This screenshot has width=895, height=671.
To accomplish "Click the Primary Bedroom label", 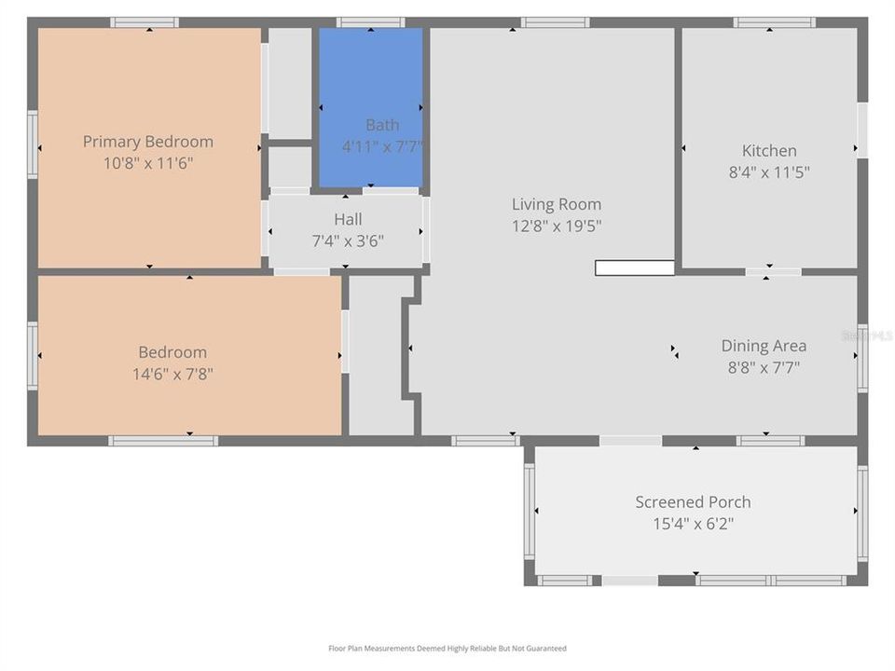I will point(147,142).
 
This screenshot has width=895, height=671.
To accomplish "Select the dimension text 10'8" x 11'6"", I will point(147,163).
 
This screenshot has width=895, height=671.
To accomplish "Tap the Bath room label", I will point(382,125).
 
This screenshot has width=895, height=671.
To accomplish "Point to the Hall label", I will point(349,219).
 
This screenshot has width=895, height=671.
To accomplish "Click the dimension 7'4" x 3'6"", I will point(349,240).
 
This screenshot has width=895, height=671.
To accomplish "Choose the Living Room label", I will point(556,204).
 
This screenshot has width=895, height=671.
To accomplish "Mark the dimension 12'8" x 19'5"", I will point(556,226).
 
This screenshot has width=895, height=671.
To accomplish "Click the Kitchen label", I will point(769,150).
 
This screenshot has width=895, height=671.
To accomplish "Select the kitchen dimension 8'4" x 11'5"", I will point(769,171).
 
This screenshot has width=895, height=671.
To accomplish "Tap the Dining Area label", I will point(764,346).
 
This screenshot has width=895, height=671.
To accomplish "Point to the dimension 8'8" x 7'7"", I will point(764,367).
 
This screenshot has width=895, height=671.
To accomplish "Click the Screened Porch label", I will point(693,501).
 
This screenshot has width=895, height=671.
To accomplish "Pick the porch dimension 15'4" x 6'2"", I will point(693,523).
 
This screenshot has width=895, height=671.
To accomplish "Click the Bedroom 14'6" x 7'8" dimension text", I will point(172,374).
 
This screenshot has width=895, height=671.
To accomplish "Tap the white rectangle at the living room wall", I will point(634,268).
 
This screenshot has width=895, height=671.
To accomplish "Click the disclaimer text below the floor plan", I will point(447,649).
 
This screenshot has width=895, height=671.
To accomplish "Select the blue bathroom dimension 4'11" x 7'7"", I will point(382,146).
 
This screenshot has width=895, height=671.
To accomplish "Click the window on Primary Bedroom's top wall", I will point(145,22).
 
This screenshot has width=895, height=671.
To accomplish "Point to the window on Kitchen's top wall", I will point(774,22).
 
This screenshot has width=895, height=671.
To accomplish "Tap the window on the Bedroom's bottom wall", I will point(163,441).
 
